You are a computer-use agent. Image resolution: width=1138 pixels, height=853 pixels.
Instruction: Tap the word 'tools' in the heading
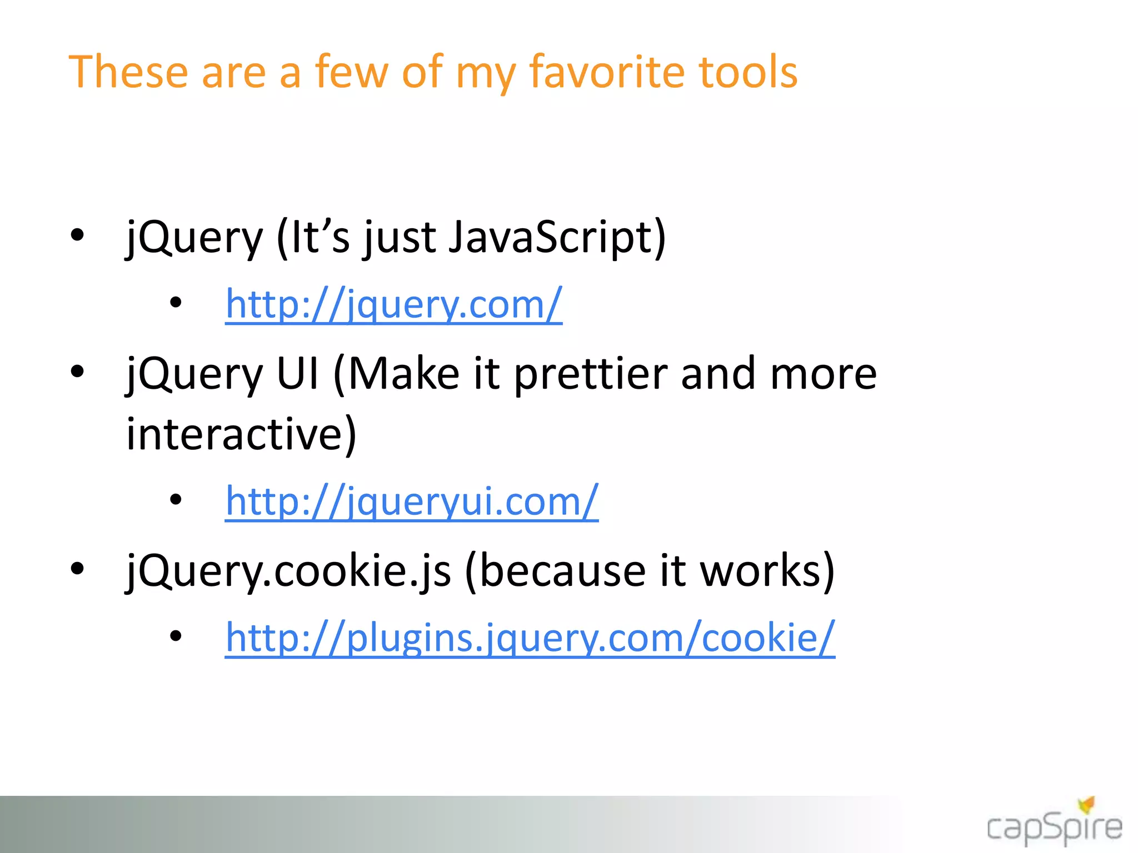[748, 72]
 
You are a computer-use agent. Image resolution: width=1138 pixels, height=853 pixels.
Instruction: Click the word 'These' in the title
[128, 72]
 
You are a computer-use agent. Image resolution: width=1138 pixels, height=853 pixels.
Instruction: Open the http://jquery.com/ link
[393, 304]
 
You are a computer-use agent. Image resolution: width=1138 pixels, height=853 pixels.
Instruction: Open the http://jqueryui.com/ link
[412, 501]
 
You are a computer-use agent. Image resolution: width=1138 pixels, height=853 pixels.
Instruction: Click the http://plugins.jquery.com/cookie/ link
[530, 638]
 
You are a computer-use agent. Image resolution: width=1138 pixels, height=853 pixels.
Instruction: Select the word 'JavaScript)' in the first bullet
[556, 238]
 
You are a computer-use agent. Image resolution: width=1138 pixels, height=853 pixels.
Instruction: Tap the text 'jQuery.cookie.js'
[288, 571]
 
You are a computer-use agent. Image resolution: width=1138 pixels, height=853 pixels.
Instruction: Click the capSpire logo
[1054, 827]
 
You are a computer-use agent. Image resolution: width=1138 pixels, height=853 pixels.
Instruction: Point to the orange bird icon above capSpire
[1086, 804]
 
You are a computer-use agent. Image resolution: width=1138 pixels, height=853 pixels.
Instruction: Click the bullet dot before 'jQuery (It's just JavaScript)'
[77, 235]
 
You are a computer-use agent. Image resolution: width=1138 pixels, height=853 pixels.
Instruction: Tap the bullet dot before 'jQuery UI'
[77, 371]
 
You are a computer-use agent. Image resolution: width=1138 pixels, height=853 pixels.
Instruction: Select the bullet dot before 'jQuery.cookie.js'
[77, 568]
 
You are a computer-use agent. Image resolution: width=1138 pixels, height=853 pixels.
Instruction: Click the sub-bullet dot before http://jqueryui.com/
[176, 500]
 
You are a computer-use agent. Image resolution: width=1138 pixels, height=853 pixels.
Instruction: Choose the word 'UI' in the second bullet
[298, 374]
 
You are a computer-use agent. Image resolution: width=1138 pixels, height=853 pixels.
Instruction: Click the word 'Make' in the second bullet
[404, 374]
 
